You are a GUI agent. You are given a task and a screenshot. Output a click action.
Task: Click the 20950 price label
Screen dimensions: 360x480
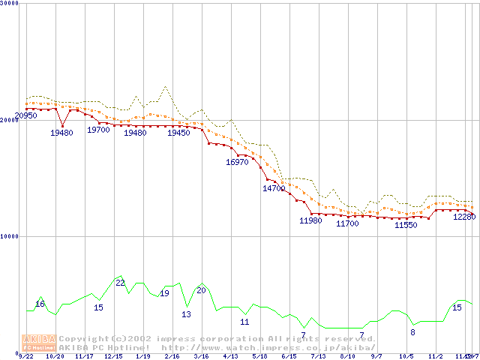[x=26, y=115]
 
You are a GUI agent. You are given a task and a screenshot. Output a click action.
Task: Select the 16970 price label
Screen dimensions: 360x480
[x=237, y=161]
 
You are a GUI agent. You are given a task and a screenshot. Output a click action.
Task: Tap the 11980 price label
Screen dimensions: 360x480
[x=310, y=220]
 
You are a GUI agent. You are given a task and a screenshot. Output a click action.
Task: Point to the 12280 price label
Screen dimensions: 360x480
[x=464, y=217]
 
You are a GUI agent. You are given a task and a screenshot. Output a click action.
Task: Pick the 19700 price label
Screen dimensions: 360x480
[x=98, y=130]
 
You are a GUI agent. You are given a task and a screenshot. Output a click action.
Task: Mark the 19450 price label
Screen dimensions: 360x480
[x=178, y=133]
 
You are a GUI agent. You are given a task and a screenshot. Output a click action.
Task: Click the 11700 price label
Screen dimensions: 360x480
[x=347, y=223]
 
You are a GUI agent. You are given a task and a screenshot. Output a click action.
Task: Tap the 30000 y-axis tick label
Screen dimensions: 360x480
[x=10, y=4]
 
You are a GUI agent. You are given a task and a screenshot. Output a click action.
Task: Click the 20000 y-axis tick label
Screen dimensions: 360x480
[x=10, y=120]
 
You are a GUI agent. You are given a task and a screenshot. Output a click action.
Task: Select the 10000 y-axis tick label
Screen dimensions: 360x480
[x=10, y=236]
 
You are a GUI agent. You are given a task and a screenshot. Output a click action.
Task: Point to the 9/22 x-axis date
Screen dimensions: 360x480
[x=26, y=356]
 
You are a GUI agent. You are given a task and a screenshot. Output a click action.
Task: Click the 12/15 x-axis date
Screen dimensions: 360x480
[x=113, y=356]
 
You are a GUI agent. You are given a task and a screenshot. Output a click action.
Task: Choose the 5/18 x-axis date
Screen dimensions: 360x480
[x=260, y=356]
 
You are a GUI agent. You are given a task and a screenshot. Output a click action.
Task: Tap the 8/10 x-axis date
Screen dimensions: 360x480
[x=347, y=356]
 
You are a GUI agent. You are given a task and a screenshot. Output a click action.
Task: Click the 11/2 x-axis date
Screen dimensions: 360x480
[x=435, y=356]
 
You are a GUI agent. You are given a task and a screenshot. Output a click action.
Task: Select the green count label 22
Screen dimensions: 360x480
[x=120, y=283]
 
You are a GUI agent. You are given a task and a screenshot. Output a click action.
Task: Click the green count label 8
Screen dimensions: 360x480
[x=412, y=331]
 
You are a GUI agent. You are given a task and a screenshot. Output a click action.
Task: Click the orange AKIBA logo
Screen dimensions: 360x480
[x=39, y=343]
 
